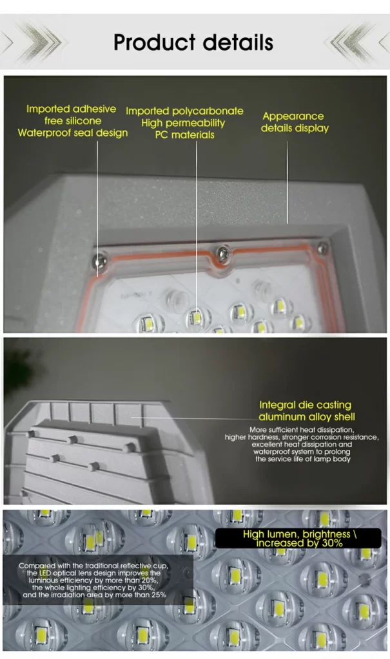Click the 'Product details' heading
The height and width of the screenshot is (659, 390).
coord(193,42)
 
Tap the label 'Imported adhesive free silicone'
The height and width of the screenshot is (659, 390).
coord(71,115)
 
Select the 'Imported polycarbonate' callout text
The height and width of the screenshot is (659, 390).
coord(184,111)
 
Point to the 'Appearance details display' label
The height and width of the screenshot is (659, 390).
coord(295,122)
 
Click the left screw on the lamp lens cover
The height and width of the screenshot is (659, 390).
coord(99,261)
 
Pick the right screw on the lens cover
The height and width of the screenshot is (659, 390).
coord(322,248)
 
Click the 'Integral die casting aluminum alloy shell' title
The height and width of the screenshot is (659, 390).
coord(307,411)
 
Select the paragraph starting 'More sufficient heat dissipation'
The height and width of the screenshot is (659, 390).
coord(302,444)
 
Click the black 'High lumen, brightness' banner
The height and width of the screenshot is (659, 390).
coord(298,539)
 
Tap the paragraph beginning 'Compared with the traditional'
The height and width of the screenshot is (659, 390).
coord(94,580)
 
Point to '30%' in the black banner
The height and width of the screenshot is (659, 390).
coord(332,543)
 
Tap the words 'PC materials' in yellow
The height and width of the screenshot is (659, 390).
coord(184,135)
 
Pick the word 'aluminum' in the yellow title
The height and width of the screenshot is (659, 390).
coord(280,417)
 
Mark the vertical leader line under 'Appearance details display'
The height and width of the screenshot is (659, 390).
coord(288,182)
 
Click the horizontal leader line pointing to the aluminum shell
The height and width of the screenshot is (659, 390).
coord(195,418)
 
